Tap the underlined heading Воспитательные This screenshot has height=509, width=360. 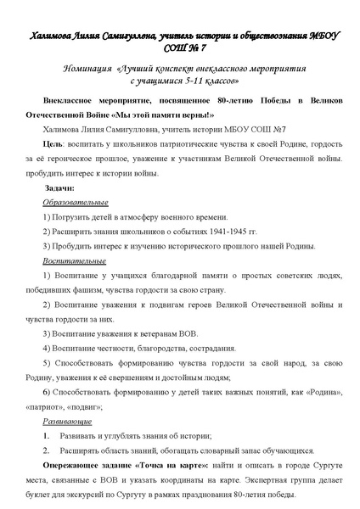74,262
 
